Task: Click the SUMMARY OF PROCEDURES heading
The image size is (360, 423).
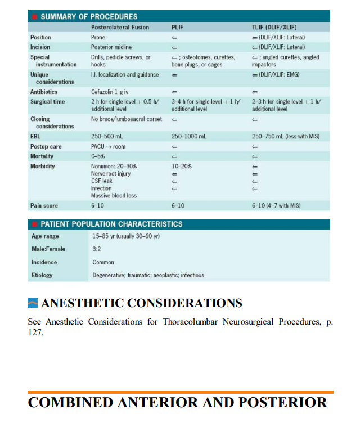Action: pos(89,17)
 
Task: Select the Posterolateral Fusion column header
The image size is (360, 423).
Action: pos(120,27)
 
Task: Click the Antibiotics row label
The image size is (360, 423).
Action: pos(44,92)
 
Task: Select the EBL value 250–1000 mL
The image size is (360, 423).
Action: pos(189,136)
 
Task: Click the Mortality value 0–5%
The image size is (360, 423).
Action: pos(99,156)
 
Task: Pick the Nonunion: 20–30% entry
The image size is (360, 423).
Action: pos(114,166)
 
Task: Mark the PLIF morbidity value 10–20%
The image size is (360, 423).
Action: pos(182,166)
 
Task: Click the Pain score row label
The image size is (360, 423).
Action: pos(44,206)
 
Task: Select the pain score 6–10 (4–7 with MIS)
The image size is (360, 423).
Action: pos(276,206)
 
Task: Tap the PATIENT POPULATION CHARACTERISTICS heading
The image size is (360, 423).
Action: pos(111,224)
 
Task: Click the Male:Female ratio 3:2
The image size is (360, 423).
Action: pos(96,249)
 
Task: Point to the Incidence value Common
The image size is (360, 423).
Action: pos(103,262)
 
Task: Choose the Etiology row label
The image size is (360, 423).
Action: pos(42,275)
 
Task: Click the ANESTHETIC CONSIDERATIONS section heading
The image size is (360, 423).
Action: pos(142,303)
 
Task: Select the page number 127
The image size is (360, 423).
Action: pos(35,332)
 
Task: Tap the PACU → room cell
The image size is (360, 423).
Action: pos(109,146)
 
